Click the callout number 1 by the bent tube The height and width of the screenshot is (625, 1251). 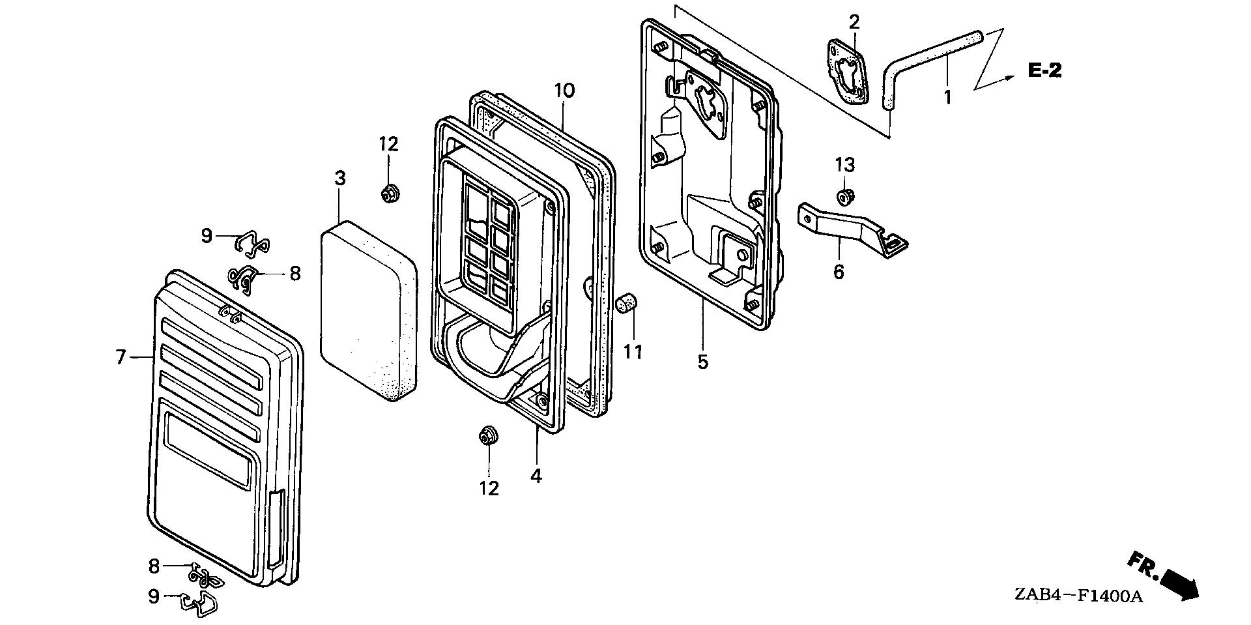click(x=948, y=98)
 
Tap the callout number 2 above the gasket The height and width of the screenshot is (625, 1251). click(x=854, y=22)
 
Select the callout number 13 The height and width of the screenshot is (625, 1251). click(x=844, y=166)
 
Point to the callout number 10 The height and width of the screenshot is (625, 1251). click(x=565, y=91)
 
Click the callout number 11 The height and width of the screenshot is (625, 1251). click(x=633, y=353)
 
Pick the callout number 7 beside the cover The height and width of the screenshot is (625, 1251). click(x=121, y=357)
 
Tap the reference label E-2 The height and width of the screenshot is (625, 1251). click(x=1044, y=71)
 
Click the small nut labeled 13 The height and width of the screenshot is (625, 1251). click(x=846, y=196)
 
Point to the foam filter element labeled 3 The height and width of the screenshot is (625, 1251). click(x=368, y=310)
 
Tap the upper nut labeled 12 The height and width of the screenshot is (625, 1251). click(x=390, y=193)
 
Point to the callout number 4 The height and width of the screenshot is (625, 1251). click(x=536, y=476)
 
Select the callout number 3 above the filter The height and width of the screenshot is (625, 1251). click(x=339, y=178)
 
